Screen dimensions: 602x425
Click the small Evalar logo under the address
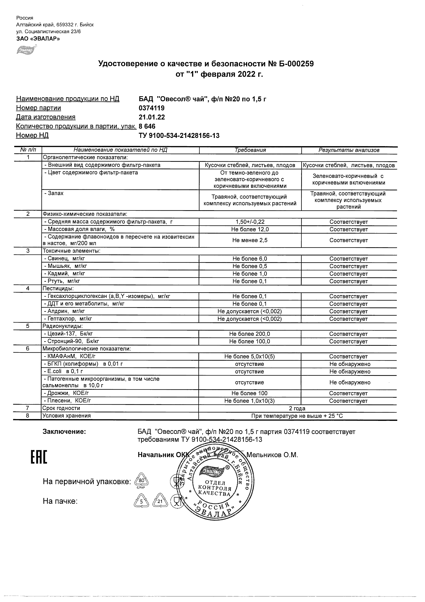(25, 49)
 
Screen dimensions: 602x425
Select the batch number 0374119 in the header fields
(151, 108)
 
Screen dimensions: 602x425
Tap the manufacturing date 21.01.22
(152, 117)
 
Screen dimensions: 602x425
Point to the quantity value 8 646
(147, 126)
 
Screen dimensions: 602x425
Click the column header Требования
(250, 150)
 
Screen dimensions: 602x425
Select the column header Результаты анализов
(349, 150)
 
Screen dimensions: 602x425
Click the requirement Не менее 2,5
(250, 240)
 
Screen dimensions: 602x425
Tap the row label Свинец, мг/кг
(64, 259)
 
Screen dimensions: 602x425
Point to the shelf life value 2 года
(297, 409)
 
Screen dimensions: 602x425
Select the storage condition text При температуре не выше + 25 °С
(297, 416)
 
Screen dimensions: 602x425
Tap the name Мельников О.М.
(272, 455)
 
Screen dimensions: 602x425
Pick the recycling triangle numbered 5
(141, 502)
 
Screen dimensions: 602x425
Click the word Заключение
(64, 432)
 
